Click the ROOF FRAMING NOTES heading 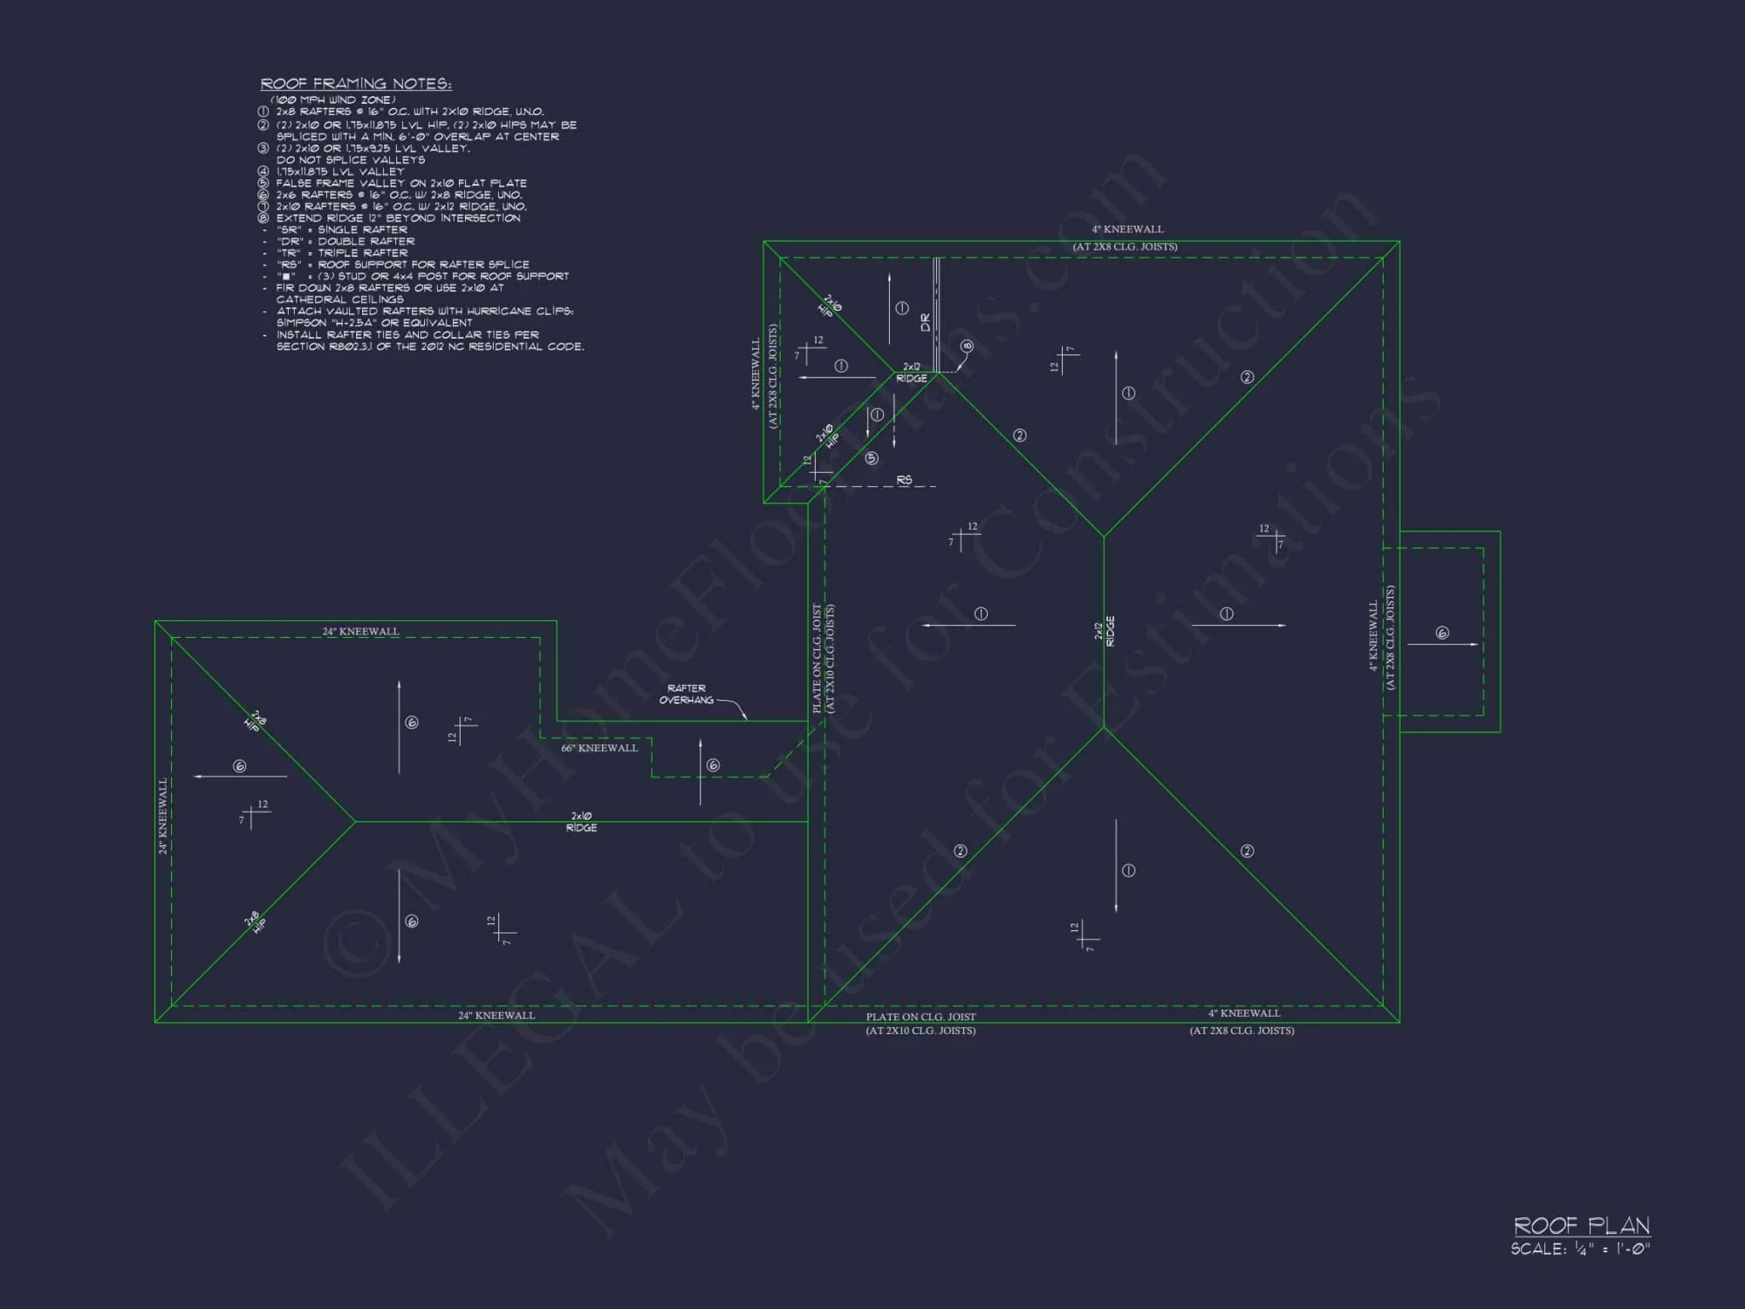pyautogui.click(x=356, y=84)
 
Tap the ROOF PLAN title pyautogui.click(x=1581, y=1226)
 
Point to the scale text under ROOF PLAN pyautogui.click(x=1580, y=1249)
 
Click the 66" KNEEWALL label pyautogui.click(x=599, y=748)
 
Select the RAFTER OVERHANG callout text pyautogui.click(x=687, y=694)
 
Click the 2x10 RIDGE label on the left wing pyautogui.click(x=581, y=822)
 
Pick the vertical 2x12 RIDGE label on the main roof pyautogui.click(x=1105, y=631)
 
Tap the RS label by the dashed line pyautogui.click(x=904, y=480)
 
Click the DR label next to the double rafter pyautogui.click(x=926, y=322)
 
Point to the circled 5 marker pyautogui.click(x=872, y=458)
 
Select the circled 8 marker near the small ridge pyautogui.click(x=967, y=346)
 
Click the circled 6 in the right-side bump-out pyautogui.click(x=1442, y=633)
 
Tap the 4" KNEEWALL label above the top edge pyautogui.click(x=1127, y=230)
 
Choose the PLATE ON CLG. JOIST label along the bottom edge pyautogui.click(x=920, y=1017)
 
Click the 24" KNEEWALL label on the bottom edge pyautogui.click(x=496, y=1015)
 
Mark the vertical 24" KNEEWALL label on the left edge pyautogui.click(x=162, y=816)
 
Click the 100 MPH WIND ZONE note pyautogui.click(x=332, y=99)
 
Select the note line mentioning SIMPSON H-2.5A pyautogui.click(x=374, y=323)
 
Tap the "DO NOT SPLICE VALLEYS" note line pyautogui.click(x=351, y=160)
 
